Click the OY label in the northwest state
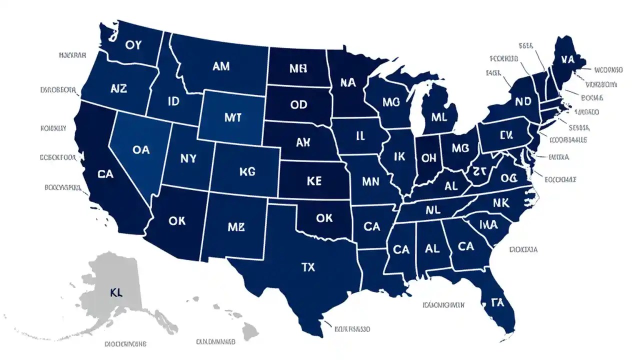tap(134, 45)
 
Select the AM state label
tap(221, 66)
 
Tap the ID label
tap(173, 102)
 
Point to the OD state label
tap(298, 105)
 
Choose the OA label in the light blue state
tap(141, 149)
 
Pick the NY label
tap(188, 158)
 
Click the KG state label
tap(247, 171)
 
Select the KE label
tap(313, 181)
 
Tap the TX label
tap(308, 267)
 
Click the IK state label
tap(399, 157)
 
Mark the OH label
tap(429, 158)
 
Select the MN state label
tap(370, 181)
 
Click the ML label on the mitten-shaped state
tap(438, 118)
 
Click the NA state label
tap(347, 82)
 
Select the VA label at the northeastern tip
tap(567, 59)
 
